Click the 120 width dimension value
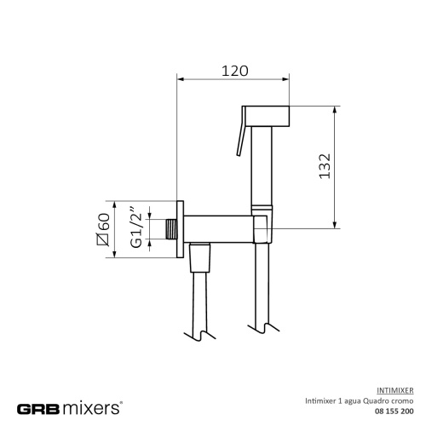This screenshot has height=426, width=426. coord(234,71)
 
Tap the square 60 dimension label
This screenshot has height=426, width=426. coord(106,228)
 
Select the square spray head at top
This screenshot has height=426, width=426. coord(268,114)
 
